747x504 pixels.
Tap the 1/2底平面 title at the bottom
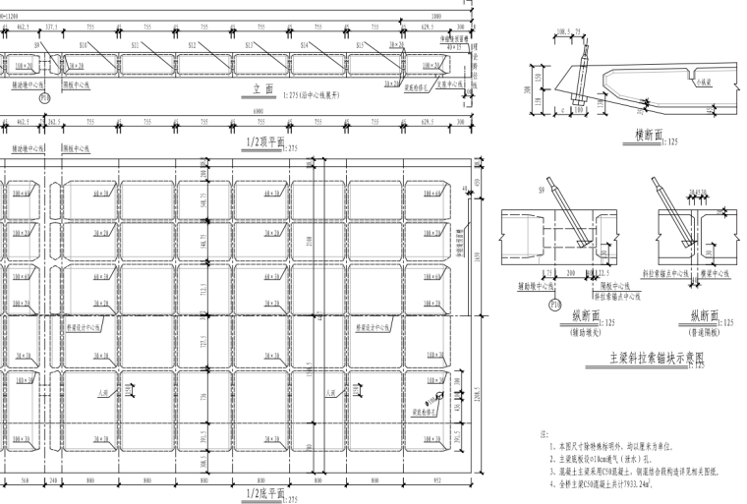(x=265, y=492)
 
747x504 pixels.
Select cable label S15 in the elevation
(x=360, y=45)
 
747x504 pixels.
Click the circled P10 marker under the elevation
(x=44, y=98)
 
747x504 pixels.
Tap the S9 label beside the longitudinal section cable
(x=544, y=189)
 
